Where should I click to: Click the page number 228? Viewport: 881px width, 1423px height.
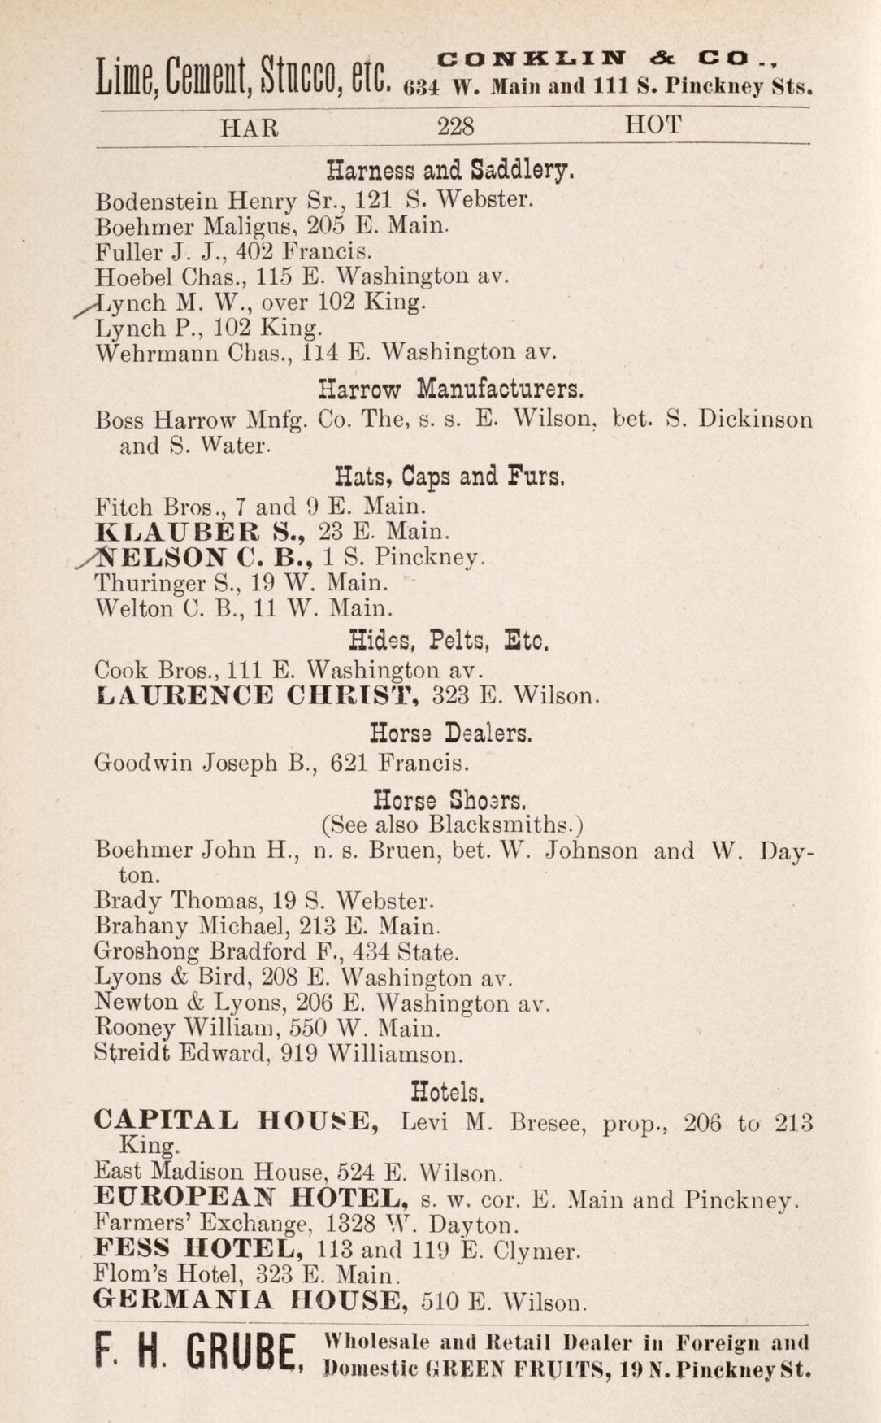(455, 127)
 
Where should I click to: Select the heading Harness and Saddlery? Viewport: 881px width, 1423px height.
(449, 170)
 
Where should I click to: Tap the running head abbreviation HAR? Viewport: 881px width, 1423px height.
(250, 128)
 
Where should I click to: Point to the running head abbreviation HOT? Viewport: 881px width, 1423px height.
(653, 125)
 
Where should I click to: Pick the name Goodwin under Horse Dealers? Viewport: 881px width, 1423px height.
(145, 764)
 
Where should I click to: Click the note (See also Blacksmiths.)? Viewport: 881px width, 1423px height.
(452, 825)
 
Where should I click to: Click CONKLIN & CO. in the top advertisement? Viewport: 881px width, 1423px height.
(608, 59)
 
